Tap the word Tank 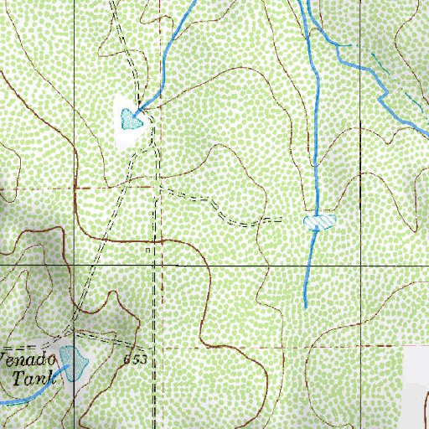click(x=34, y=377)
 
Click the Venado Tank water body click(x=73, y=363)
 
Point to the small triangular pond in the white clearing click(x=131, y=119)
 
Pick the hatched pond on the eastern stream click(x=319, y=221)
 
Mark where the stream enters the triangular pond click(x=139, y=109)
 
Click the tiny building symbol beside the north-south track click(x=147, y=250)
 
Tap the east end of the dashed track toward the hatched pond click(x=281, y=220)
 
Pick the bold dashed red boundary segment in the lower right click(x=360, y=344)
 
